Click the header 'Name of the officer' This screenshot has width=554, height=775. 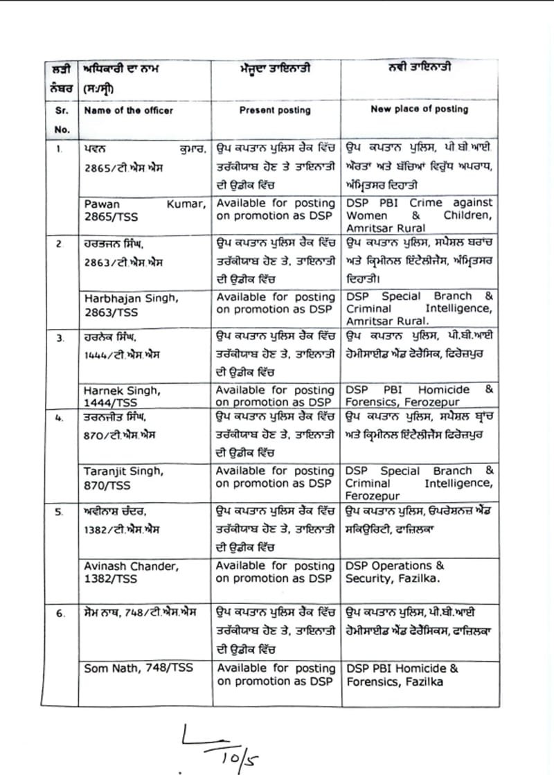128,110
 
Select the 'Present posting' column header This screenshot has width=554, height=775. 275,110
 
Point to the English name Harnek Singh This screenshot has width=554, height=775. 121,391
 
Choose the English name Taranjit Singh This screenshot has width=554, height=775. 124,470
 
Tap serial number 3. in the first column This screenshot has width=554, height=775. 60,337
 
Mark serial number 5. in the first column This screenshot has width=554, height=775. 60,512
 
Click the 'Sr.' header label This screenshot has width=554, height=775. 61,110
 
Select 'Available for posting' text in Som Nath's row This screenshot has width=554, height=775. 276,668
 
